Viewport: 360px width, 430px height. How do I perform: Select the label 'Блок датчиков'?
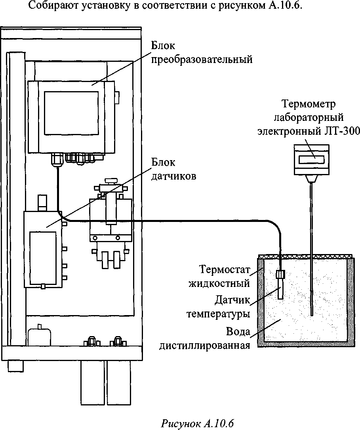[173, 169]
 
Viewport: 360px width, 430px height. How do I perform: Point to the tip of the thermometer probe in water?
[312, 314]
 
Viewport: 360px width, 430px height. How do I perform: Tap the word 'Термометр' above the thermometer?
[309, 104]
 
